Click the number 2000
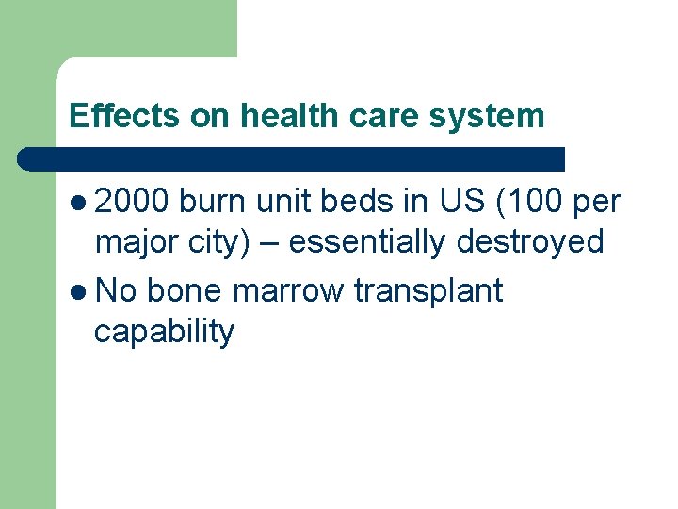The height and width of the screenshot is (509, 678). pos(132,201)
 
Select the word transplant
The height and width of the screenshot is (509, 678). pos(428,290)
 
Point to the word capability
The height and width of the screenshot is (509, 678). pos(164,332)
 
